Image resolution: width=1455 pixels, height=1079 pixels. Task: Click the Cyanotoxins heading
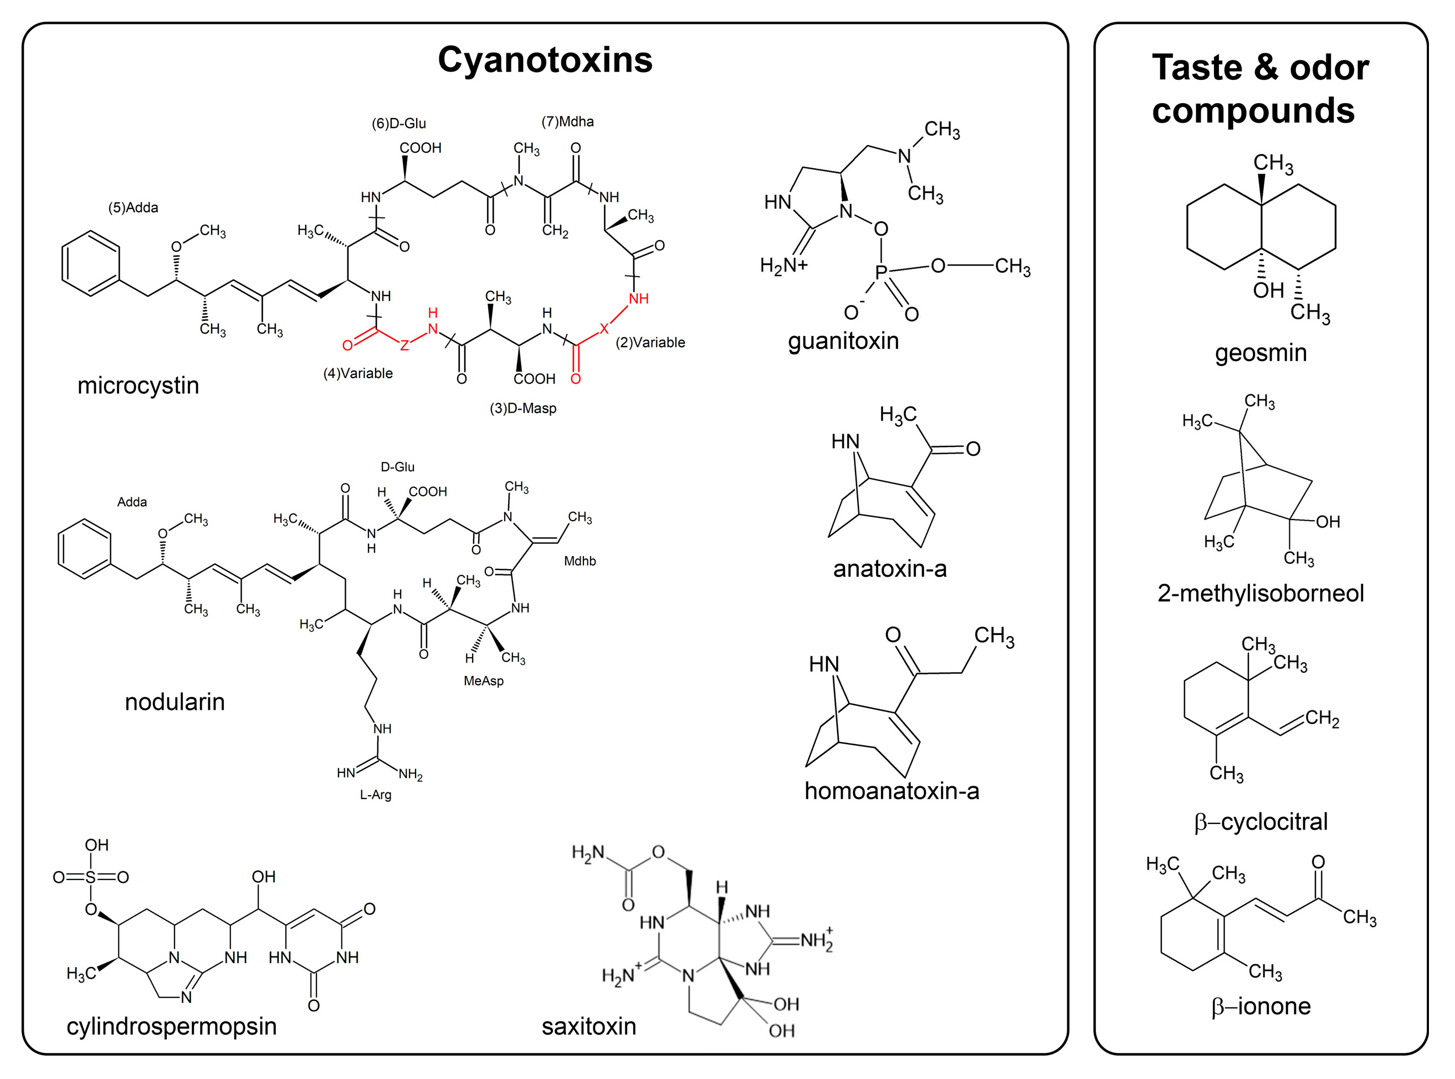coord(545,60)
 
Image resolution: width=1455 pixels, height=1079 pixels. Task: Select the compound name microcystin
coord(138,385)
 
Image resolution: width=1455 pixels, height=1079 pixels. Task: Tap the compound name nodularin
coord(175,702)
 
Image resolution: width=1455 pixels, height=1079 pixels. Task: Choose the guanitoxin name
coord(843,341)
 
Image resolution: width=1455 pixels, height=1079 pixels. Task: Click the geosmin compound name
coord(1260,353)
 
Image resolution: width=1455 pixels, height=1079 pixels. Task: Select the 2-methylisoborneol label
coord(1260,593)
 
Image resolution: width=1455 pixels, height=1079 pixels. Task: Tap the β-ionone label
coord(1260,1006)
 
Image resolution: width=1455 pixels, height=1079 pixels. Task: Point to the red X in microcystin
coord(604,329)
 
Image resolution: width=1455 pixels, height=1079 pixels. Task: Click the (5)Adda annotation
coord(133,208)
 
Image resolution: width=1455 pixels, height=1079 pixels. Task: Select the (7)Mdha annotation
coord(567,121)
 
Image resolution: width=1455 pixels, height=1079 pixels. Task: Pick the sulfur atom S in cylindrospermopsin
coord(91,877)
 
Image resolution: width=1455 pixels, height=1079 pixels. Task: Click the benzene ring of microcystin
coord(90,263)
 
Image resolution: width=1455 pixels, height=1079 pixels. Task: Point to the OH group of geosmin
coord(1268,290)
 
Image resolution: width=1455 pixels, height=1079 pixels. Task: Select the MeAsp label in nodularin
coord(483,680)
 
